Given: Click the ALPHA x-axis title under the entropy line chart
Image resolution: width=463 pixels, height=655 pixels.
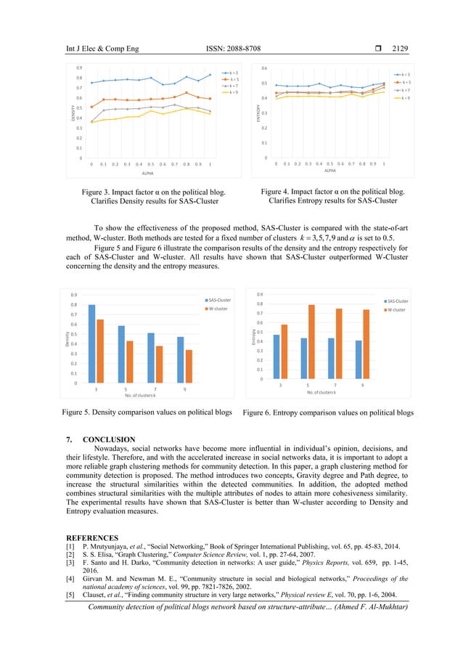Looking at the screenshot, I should pyautogui.click(x=330, y=171).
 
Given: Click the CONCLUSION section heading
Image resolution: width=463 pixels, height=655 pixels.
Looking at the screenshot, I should pyautogui.click(x=109, y=439).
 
